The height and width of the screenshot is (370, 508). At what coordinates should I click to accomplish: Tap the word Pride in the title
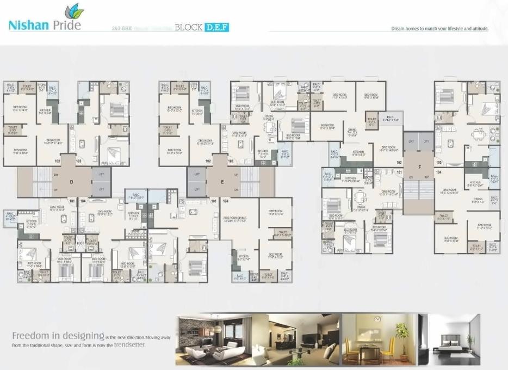click(68, 25)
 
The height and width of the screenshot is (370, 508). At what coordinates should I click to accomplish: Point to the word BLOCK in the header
click(189, 27)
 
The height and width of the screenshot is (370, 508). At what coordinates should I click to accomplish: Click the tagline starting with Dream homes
click(439, 28)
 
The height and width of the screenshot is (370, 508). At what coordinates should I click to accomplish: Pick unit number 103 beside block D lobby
click(78, 161)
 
